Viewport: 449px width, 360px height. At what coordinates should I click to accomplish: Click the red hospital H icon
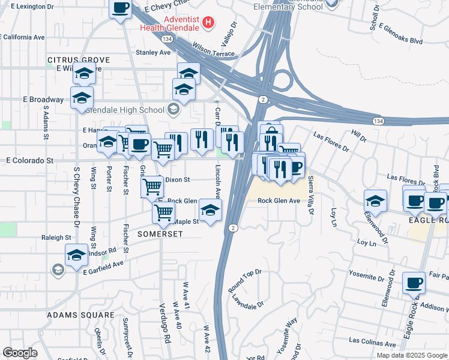(208, 23)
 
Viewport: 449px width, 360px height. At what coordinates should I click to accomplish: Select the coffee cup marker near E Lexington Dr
(121, 8)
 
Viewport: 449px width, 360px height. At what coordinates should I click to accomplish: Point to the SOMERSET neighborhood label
(160, 233)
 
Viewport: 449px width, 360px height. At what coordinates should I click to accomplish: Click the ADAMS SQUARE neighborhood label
(80, 314)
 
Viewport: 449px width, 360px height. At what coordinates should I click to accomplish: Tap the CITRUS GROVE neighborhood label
(79, 60)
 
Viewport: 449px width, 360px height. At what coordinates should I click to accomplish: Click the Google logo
(20, 353)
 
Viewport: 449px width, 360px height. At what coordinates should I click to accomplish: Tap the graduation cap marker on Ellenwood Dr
(375, 200)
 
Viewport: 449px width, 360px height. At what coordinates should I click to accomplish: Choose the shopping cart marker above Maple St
(163, 212)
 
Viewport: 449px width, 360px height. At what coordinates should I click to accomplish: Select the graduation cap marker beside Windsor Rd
(77, 256)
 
